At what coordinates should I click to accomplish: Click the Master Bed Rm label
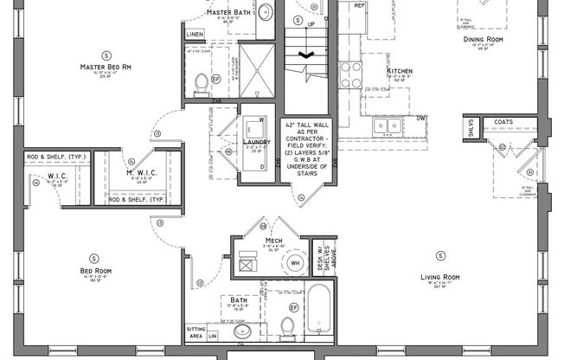click(106, 67)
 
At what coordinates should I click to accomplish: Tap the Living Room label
click(439, 277)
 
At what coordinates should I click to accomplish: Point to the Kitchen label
click(399, 70)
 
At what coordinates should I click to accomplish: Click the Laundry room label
click(257, 142)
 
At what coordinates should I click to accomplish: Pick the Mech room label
click(274, 241)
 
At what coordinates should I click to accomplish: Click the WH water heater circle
click(295, 263)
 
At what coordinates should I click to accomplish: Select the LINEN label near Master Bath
click(195, 34)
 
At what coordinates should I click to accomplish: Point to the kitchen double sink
click(387, 125)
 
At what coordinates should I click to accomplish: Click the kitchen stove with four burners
click(350, 75)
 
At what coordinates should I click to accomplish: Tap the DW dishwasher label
click(421, 118)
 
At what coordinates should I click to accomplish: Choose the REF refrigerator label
click(359, 4)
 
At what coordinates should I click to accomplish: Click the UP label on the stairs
click(311, 23)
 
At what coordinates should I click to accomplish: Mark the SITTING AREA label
click(195, 331)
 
